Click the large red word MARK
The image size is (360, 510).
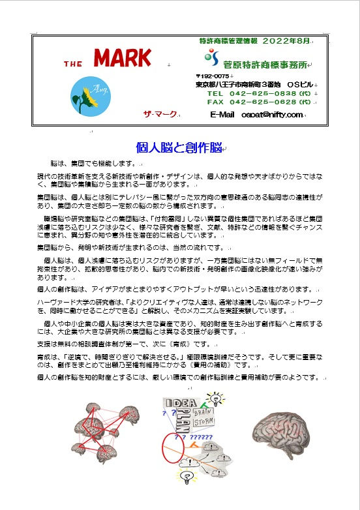point(122,59)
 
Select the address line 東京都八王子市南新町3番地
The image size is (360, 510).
point(239,85)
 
